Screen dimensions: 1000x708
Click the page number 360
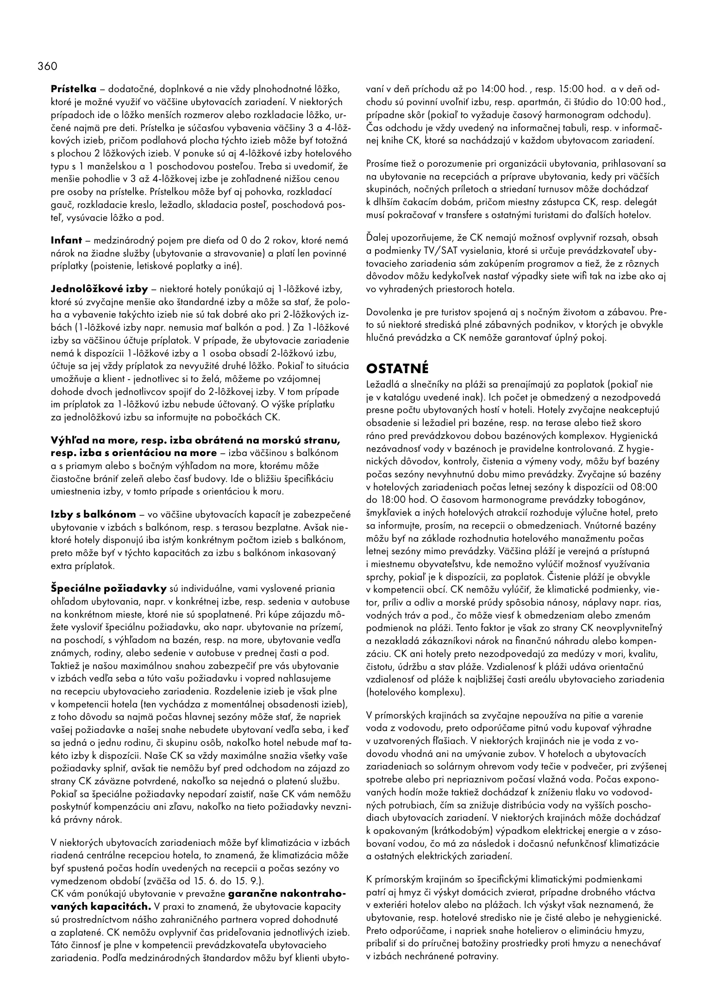pyautogui.click(x=48, y=66)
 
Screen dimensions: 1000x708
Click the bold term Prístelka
pyautogui.click(x=74, y=89)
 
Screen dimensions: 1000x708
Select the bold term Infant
pyautogui.click(x=66, y=240)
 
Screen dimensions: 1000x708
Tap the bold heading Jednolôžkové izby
pyautogui.click(x=99, y=289)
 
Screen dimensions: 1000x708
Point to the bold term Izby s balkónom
pyautogui.click(x=94, y=514)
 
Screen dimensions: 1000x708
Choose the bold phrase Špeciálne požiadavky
pyautogui.click(x=109, y=588)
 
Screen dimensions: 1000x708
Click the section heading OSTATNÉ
pyautogui.click(x=398, y=369)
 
